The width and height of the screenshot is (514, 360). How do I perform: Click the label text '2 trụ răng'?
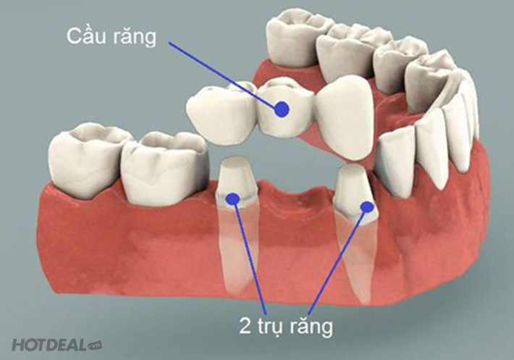click(x=285, y=326)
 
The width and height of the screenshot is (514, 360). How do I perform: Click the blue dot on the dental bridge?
click(x=282, y=109)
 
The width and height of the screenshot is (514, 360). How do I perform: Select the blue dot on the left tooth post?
click(x=232, y=197)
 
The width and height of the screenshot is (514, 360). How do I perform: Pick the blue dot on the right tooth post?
click(x=367, y=207)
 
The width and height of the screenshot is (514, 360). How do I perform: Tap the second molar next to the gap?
click(x=163, y=167)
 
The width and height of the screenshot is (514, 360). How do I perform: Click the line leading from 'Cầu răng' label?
click(x=224, y=72)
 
